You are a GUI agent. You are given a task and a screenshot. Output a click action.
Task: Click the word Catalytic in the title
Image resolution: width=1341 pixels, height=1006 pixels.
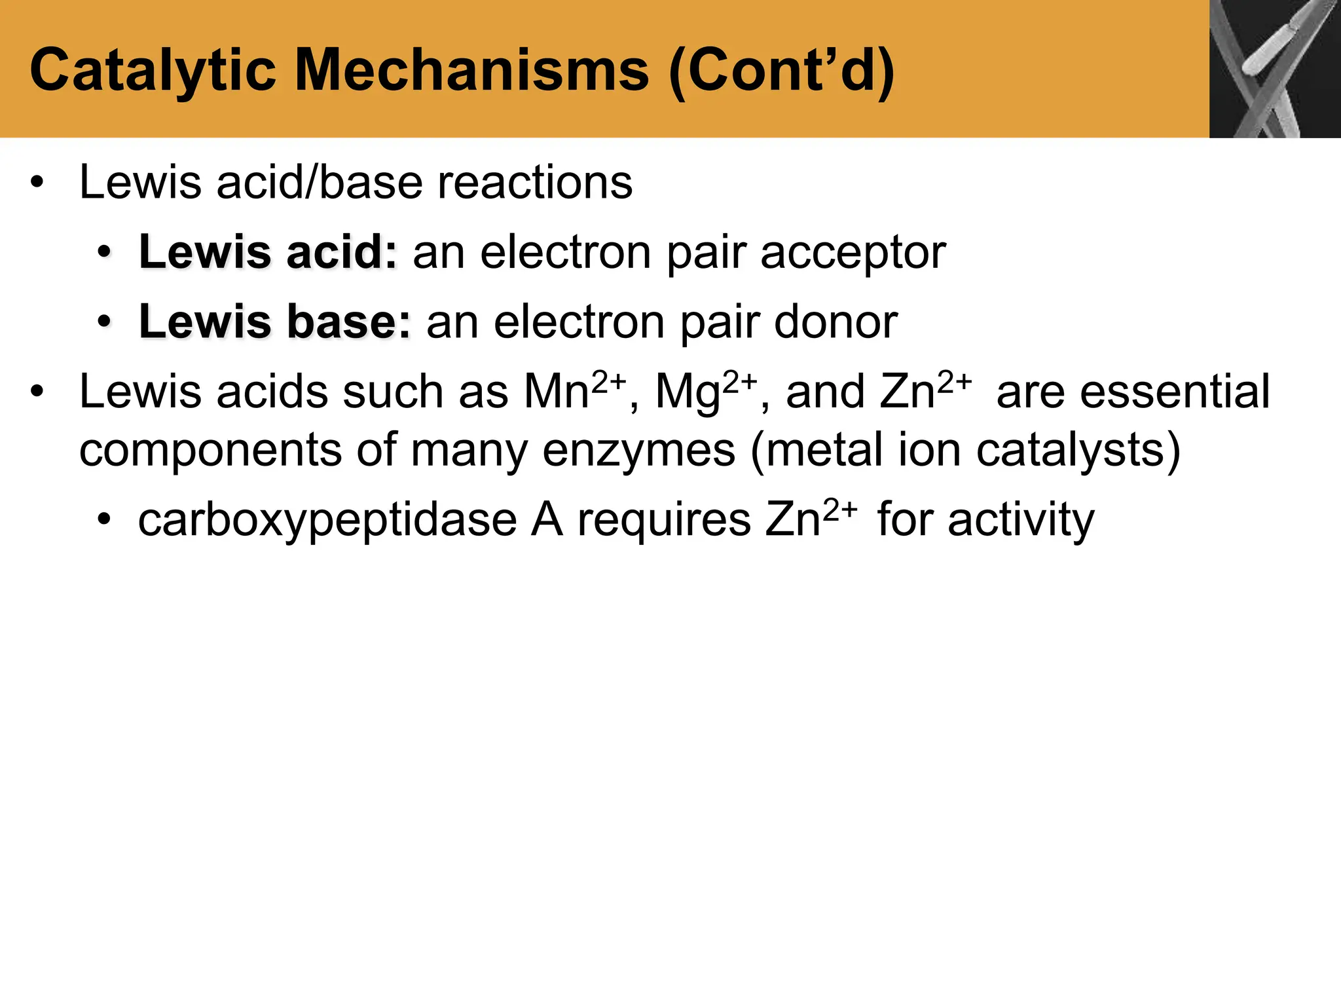click(x=154, y=71)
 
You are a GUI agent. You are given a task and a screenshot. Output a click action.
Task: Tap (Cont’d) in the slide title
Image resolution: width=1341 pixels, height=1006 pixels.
click(x=782, y=71)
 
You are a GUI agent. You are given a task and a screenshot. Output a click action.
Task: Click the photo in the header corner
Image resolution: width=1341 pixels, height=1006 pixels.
click(x=1274, y=69)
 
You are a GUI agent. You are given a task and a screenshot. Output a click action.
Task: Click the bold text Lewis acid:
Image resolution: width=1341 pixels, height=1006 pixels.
click(x=268, y=252)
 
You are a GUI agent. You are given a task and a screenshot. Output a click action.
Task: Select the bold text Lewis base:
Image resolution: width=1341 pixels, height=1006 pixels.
click(x=275, y=322)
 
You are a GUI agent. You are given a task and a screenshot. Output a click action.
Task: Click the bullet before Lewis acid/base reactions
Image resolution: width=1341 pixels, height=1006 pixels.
click(x=37, y=183)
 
